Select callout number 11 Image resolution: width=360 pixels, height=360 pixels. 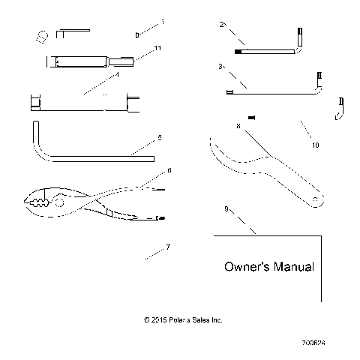point(158,48)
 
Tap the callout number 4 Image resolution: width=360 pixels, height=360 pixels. point(118,74)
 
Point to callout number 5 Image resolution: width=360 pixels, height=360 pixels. point(160,138)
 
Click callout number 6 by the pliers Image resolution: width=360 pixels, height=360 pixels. point(169,171)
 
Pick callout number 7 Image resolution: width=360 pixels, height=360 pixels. point(168,247)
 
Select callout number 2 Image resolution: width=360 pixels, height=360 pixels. point(222,25)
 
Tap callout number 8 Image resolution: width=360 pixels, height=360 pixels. point(238,127)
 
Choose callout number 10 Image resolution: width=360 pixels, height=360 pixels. point(315,145)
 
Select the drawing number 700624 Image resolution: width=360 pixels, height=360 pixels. point(313,341)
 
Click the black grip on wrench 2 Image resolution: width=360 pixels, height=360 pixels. point(238,52)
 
